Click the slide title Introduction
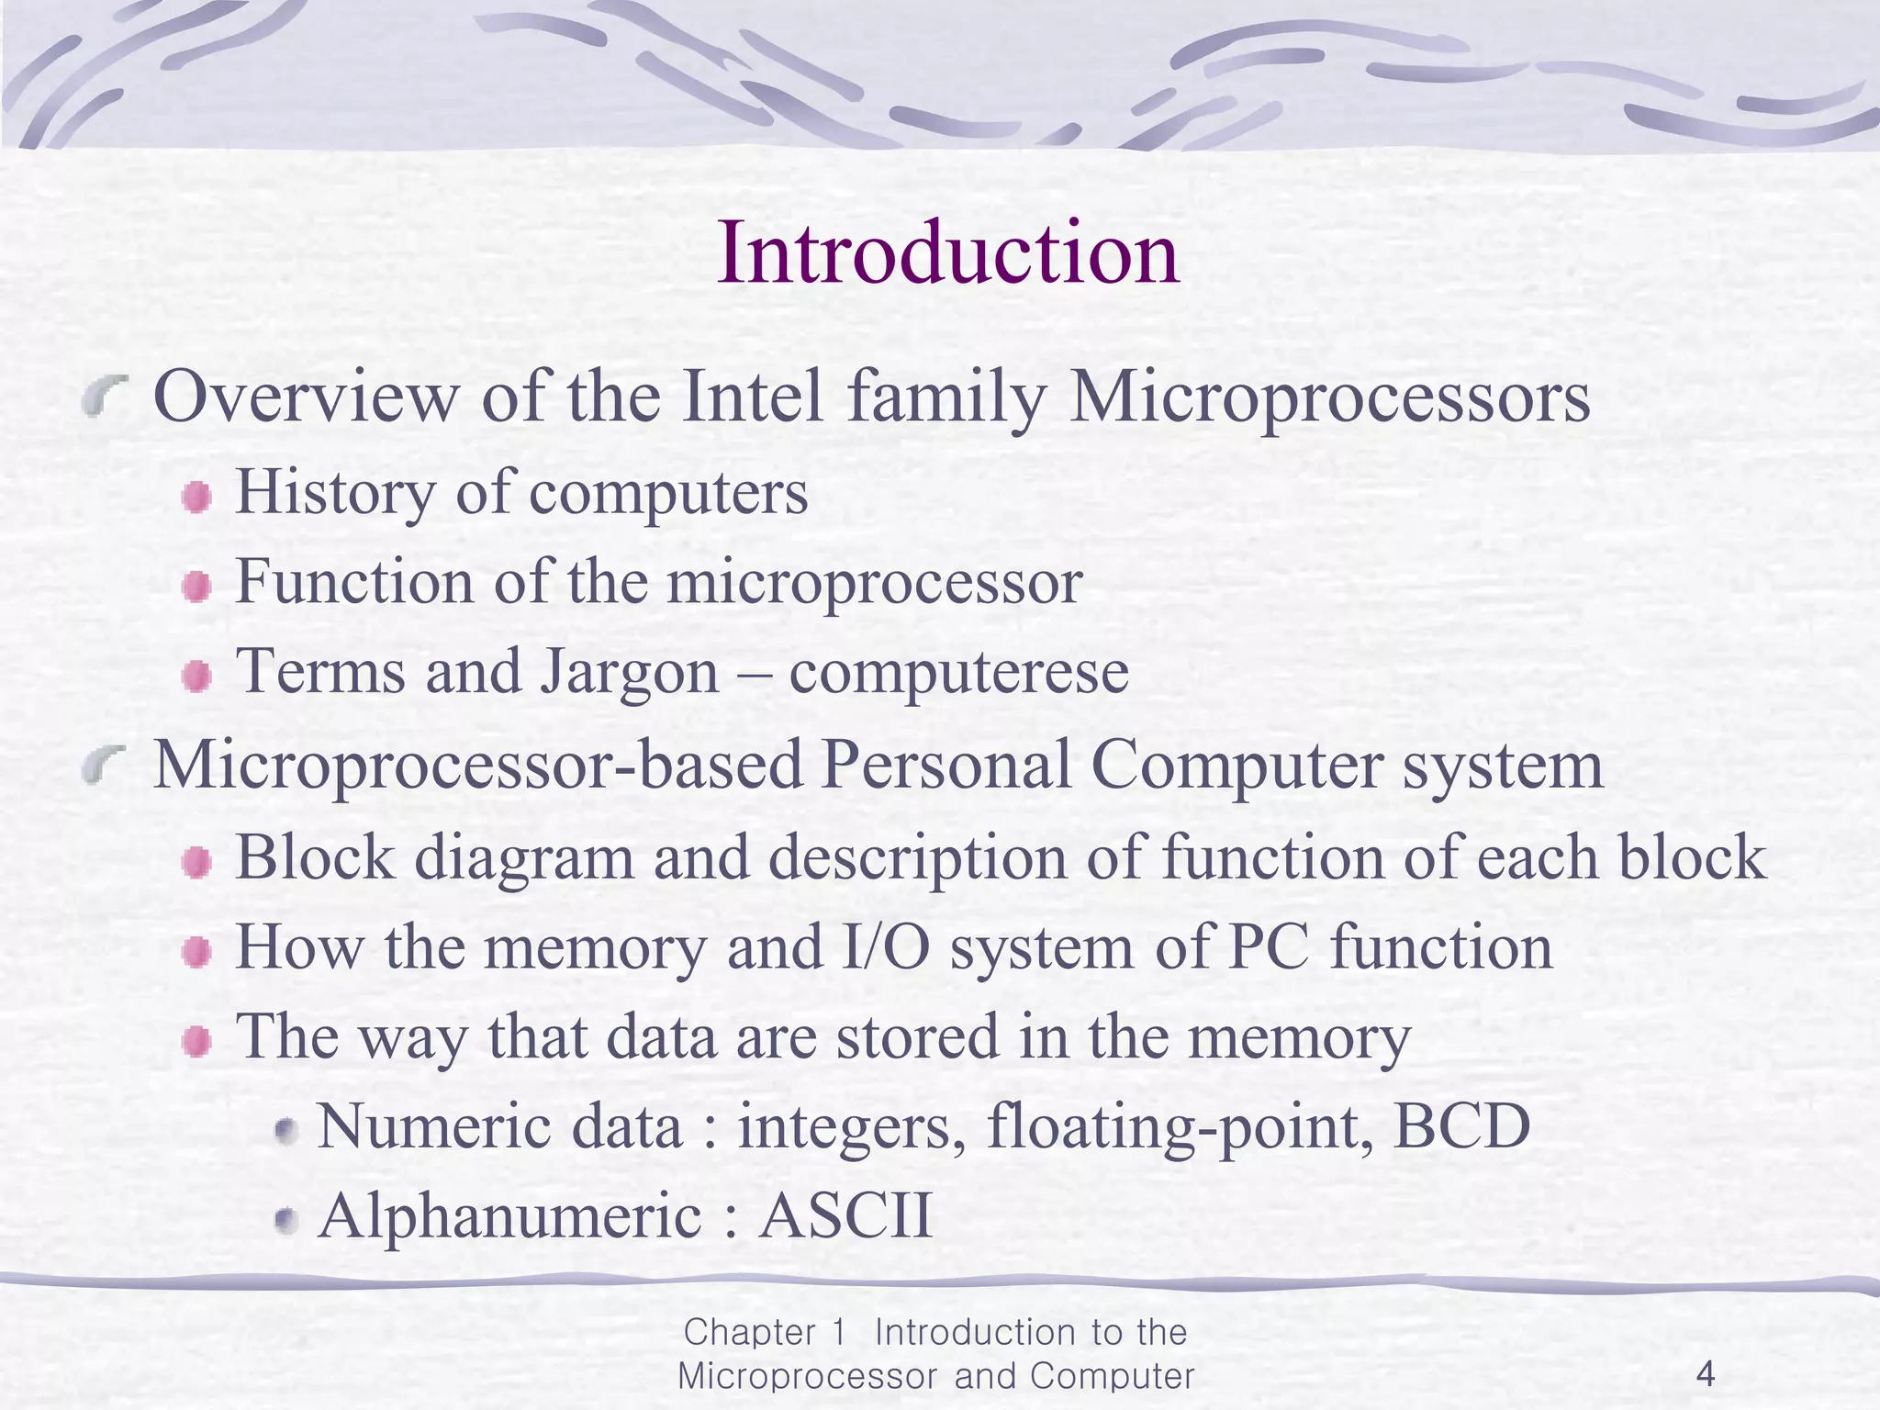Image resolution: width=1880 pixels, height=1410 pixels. [947, 253]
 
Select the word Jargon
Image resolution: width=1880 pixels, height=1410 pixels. [629, 672]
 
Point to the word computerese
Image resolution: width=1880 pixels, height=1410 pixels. [958, 672]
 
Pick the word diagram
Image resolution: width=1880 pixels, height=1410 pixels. [524, 857]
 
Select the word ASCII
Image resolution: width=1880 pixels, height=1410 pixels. [845, 1215]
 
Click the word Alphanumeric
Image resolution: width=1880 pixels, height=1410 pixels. [509, 1215]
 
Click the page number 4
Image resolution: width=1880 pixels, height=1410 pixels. [1706, 1374]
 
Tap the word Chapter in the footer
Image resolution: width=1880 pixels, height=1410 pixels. [750, 1332]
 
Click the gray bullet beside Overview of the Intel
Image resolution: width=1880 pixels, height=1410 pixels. [104, 397]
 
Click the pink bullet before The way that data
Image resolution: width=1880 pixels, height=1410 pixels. [196, 1042]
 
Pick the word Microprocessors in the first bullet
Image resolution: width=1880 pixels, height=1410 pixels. [1329, 397]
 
